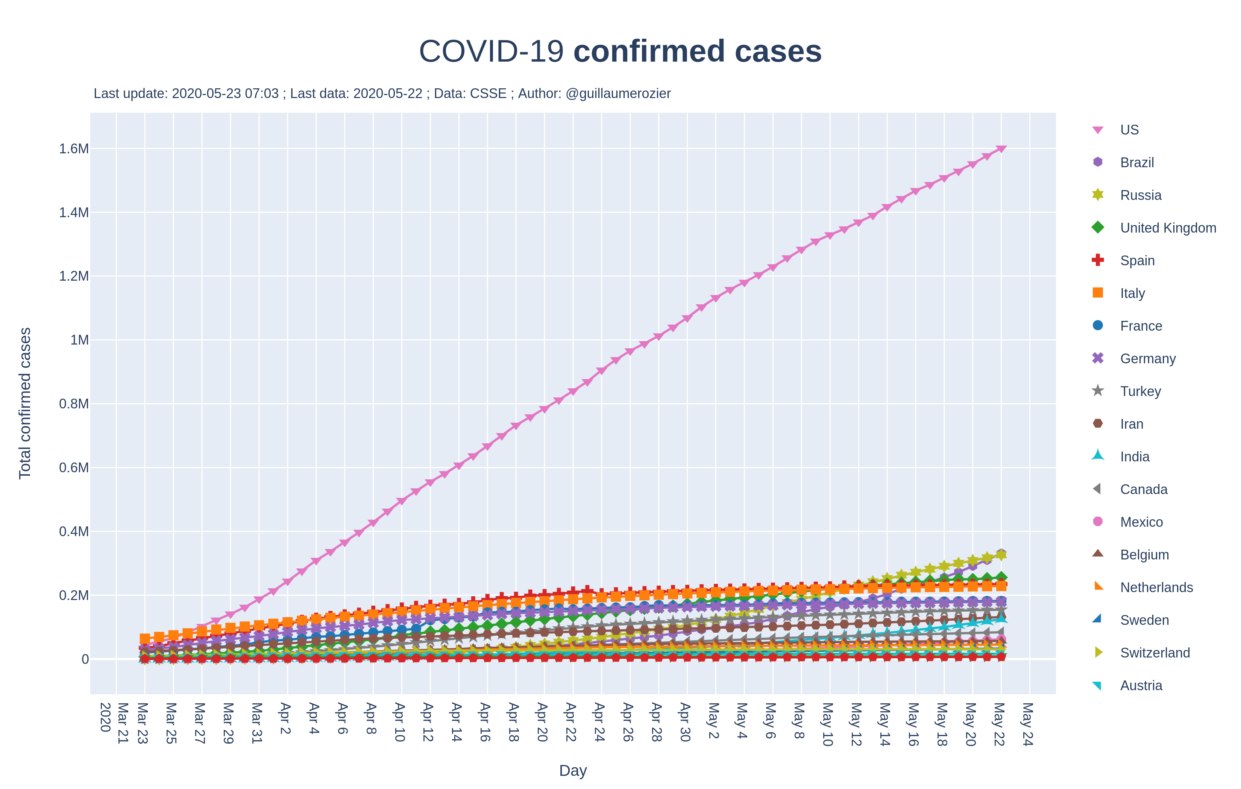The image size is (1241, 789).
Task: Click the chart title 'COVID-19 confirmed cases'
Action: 620,51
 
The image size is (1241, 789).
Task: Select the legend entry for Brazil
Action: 1136,163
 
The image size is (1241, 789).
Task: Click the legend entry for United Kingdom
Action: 1168,228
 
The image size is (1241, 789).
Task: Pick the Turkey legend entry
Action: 1140,391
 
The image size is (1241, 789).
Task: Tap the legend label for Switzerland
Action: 1155,653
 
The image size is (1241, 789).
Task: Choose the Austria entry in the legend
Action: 1141,685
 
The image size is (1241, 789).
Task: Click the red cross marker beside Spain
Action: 1098,260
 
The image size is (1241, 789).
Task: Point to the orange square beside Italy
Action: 1098,293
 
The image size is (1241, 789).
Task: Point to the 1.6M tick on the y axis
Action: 74,149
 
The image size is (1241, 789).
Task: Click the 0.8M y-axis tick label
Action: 74,404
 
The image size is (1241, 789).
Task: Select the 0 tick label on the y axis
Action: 85,659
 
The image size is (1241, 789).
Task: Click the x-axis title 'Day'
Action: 573,771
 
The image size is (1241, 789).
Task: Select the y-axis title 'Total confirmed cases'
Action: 25,403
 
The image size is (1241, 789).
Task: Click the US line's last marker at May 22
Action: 1001,149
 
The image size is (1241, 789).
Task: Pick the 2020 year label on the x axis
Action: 105,717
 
